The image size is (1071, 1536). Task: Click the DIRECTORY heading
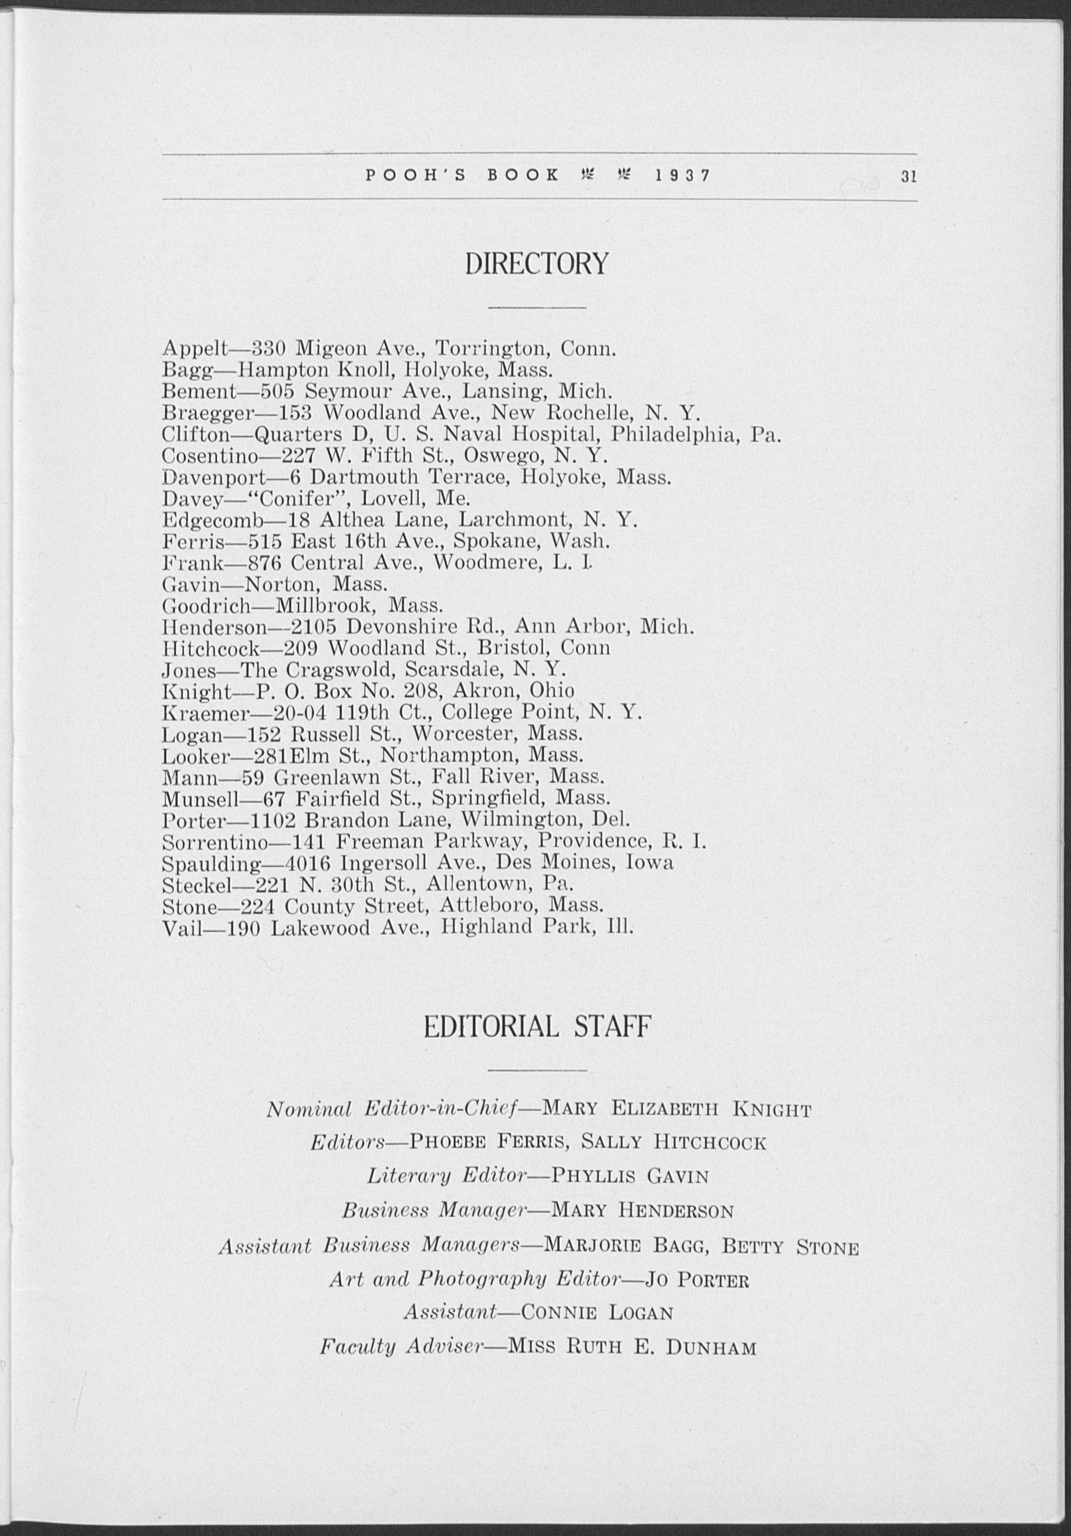coord(536,263)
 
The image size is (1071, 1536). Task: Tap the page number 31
coord(907,176)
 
